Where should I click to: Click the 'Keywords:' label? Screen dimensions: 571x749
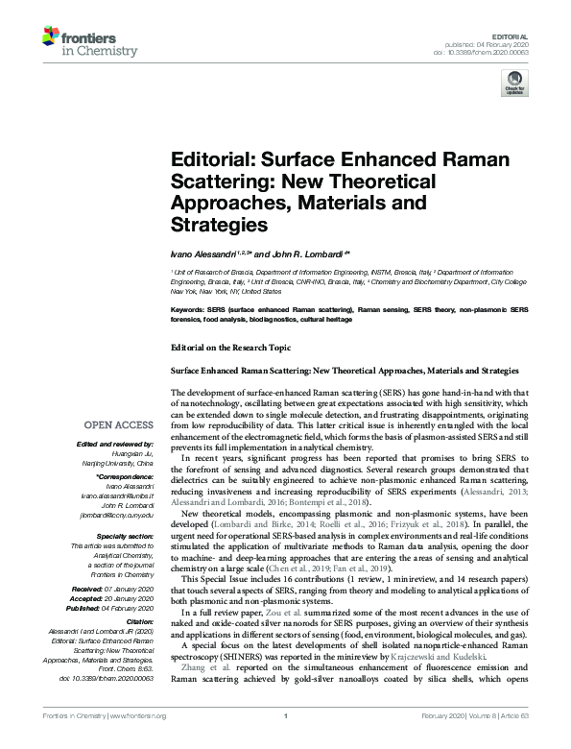click(x=187, y=310)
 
